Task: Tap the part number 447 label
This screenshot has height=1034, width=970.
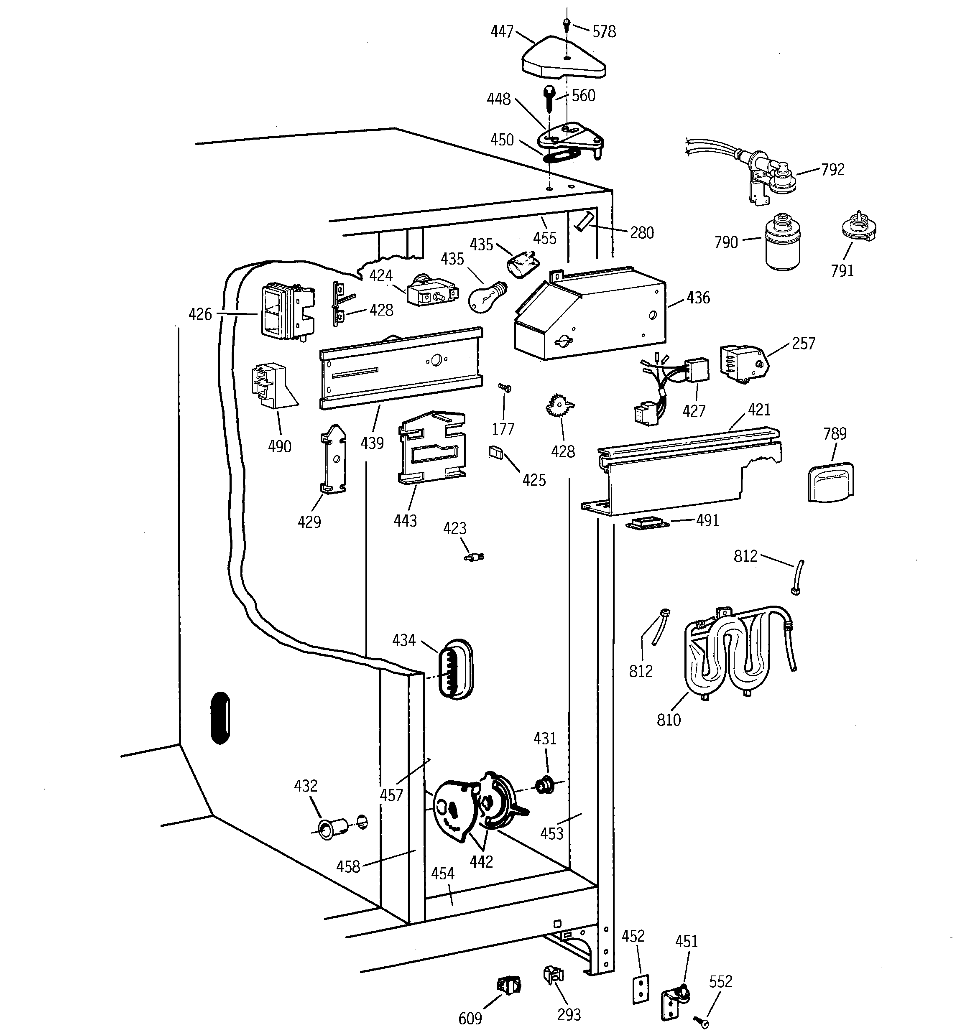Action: (502, 32)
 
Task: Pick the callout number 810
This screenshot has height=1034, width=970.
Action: (668, 720)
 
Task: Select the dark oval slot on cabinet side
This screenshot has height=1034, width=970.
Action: (220, 718)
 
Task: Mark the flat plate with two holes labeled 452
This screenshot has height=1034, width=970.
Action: (641, 988)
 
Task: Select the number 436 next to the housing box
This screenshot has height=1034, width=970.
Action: (698, 298)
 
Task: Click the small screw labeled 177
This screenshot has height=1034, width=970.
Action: (504, 387)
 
